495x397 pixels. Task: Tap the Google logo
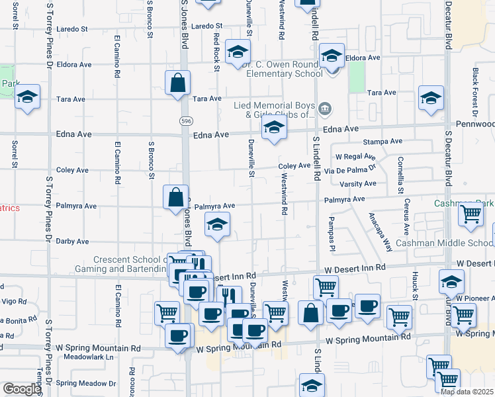click(22, 389)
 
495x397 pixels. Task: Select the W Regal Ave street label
click(355, 157)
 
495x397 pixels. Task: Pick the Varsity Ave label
click(358, 184)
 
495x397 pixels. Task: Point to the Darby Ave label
click(72, 242)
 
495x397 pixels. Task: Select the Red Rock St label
click(216, 48)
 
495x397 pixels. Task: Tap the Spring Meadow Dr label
click(85, 383)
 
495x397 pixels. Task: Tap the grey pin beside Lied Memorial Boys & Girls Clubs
click(325, 108)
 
